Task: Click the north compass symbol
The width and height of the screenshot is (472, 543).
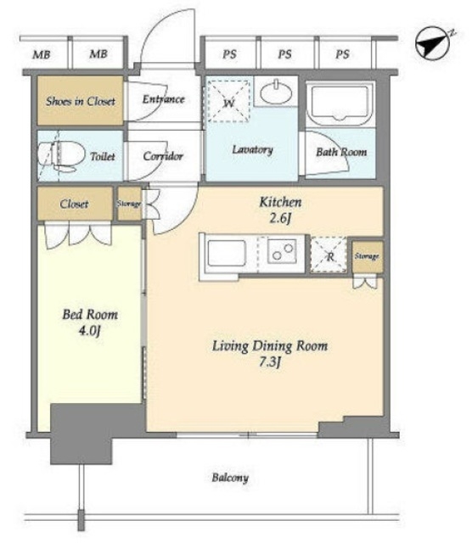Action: [x=433, y=43]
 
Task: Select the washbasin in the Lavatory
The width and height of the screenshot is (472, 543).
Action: [x=276, y=92]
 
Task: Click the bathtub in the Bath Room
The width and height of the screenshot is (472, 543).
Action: [x=340, y=104]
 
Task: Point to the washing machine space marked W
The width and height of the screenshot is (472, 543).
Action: [x=228, y=101]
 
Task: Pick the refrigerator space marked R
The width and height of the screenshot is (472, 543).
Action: [x=329, y=255]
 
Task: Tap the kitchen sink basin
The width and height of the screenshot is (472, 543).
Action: [x=227, y=253]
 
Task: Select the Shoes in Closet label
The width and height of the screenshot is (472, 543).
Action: [x=81, y=101]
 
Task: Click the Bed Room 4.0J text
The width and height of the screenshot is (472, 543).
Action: [x=90, y=322]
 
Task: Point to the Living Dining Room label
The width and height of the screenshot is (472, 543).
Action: [x=270, y=345]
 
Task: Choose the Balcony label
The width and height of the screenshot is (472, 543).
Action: [x=230, y=478]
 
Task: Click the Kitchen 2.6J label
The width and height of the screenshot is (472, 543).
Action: [x=280, y=210]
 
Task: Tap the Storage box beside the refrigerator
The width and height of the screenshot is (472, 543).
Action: [x=368, y=256]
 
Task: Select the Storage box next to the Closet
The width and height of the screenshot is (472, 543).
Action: [x=129, y=204]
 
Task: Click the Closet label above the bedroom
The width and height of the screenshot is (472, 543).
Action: [x=74, y=204]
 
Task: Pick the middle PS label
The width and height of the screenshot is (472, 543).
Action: [x=285, y=54]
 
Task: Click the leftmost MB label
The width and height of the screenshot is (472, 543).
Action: [x=42, y=54]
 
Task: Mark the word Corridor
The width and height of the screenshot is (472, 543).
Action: [x=163, y=156]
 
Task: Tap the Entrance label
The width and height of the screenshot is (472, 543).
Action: [x=163, y=99]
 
